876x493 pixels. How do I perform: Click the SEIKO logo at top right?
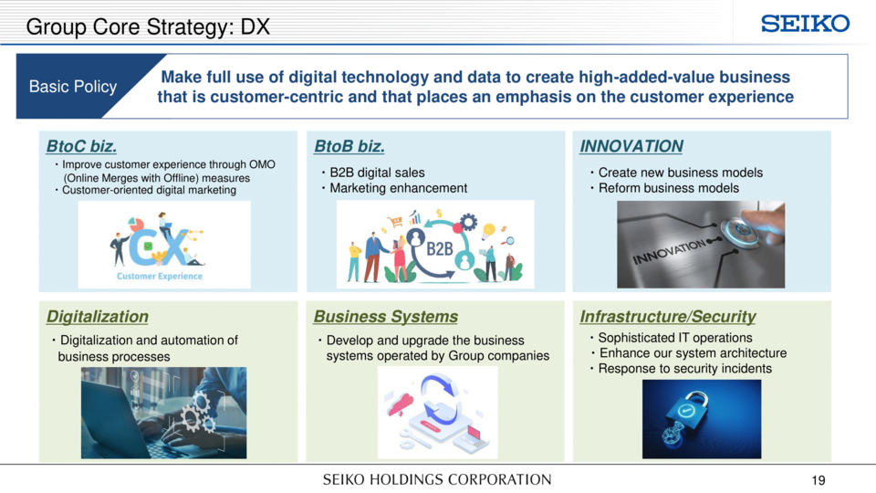tap(805, 24)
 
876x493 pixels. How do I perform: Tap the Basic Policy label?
tap(73, 87)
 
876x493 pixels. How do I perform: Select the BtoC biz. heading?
tap(81, 146)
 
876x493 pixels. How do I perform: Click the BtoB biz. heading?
tap(349, 146)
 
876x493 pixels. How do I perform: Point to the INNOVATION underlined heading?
tap(631, 146)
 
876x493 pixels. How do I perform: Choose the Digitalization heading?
tap(98, 317)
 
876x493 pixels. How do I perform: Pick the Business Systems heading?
tap(385, 317)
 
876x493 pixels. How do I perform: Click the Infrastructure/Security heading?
tap(668, 317)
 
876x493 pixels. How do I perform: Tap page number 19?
tap(819, 480)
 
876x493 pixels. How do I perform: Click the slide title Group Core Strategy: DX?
tap(148, 26)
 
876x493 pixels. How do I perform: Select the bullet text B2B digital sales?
tap(377, 173)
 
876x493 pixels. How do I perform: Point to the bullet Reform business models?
tap(669, 188)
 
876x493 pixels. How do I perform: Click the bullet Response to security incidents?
tap(685, 369)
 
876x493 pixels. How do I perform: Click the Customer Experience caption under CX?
tap(160, 276)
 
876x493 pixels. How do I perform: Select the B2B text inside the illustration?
tap(440, 248)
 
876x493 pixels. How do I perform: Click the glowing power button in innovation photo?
tap(741, 232)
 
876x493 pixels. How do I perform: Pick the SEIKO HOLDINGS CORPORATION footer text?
tap(437, 480)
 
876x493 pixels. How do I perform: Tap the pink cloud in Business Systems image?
tap(401, 404)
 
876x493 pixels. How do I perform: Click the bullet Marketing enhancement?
tap(399, 188)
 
